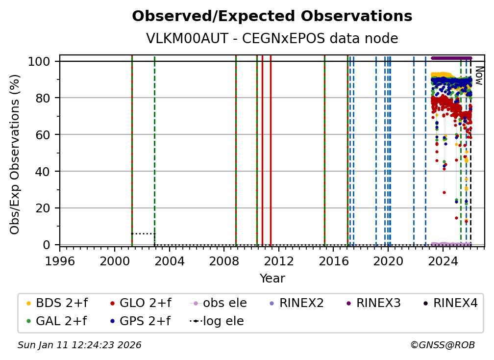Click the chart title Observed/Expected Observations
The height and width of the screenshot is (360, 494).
[x=272, y=16]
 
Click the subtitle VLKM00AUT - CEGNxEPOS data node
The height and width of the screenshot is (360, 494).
[x=272, y=38]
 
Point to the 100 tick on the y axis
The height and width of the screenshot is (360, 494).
[x=39, y=61]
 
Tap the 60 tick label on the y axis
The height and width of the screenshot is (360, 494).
[x=43, y=134]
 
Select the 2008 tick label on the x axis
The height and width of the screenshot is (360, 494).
[x=223, y=261]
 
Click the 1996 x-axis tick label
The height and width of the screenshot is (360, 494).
[x=60, y=261]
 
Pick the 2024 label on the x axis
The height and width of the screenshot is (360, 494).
[x=443, y=261]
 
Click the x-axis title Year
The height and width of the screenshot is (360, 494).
[x=272, y=279]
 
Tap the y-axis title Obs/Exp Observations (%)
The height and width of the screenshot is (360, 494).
[x=15, y=154]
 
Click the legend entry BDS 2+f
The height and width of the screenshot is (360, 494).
[x=57, y=303]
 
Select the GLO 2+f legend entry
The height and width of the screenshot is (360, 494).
[x=141, y=303]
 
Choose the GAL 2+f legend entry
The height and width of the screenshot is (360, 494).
[x=56, y=321]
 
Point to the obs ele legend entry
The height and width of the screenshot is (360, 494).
[x=218, y=303]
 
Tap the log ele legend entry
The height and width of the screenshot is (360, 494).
[x=217, y=321]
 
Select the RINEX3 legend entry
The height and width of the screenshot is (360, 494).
[x=373, y=303]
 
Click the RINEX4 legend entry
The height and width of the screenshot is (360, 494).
[x=450, y=303]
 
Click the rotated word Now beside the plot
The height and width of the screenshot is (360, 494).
[x=479, y=76]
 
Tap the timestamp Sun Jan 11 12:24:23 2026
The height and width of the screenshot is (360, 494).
[x=79, y=345]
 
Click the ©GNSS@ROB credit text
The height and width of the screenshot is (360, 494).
[x=443, y=345]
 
